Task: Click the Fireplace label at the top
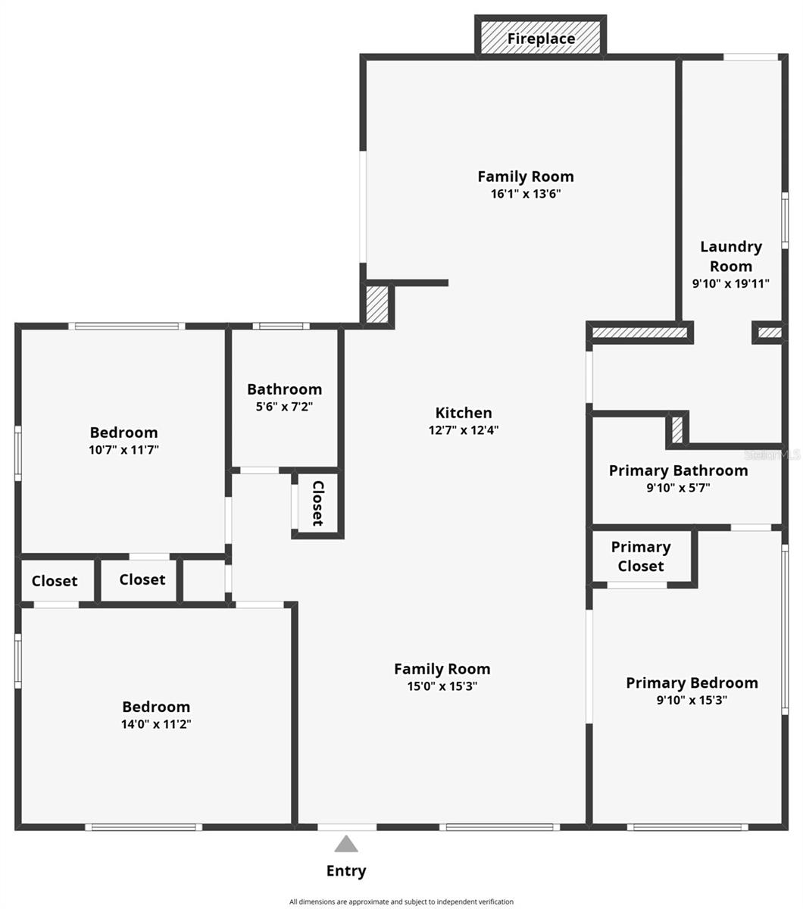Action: click(x=541, y=39)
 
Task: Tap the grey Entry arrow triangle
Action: click(x=346, y=844)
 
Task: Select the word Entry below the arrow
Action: click(x=346, y=871)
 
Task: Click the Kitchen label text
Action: click(x=464, y=413)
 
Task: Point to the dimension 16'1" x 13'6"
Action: click(x=526, y=194)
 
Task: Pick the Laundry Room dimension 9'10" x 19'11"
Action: click(x=731, y=284)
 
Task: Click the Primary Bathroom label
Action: click(x=678, y=470)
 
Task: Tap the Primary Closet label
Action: click(x=641, y=556)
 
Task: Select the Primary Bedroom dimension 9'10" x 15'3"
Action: click(x=692, y=701)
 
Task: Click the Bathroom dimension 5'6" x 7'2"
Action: click(x=284, y=407)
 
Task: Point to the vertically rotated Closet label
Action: click(x=318, y=503)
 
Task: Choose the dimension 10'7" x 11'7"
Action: click(x=123, y=450)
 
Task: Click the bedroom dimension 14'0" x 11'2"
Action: click(x=156, y=724)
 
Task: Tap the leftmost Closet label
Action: click(x=55, y=581)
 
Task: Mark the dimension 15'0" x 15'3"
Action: click(x=442, y=687)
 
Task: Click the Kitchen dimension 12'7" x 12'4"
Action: click(x=464, y=430)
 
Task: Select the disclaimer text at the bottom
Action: click(x=401, y=901)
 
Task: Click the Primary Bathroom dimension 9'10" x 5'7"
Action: click(x=678, y=489)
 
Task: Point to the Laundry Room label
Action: click(x=731, y=256)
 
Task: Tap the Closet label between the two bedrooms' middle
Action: click(x=142, y=579)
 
